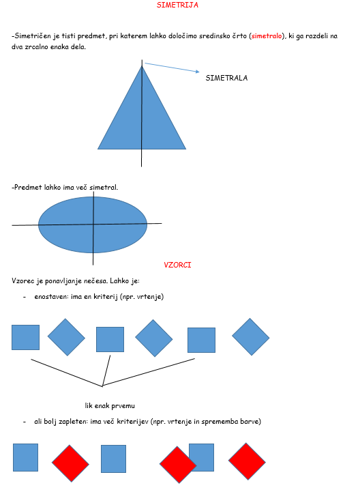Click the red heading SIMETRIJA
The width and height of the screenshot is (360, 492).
tap(177, 5)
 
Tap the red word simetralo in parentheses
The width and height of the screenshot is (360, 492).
tap(267, 35)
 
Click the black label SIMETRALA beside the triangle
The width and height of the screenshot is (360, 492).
tap(226, 78)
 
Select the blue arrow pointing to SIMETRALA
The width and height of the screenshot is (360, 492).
tap(172, 68)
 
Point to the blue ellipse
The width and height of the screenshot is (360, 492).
tap(93, 225)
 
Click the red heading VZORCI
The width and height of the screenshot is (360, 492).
tap(177, 265)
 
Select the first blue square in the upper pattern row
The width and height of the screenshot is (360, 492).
tap(25, 337)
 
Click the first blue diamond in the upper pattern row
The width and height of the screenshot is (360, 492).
tap(67, 337)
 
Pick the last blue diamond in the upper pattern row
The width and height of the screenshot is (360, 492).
tap(250, 337)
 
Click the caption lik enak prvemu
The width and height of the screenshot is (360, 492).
tap(110, 406)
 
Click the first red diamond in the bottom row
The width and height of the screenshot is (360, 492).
tap(70, 463)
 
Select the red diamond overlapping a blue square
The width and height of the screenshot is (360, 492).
tap(178, 465)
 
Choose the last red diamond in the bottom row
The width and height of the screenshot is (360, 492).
tap(247, 461)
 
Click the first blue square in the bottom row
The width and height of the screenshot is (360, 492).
tap(25, 457)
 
